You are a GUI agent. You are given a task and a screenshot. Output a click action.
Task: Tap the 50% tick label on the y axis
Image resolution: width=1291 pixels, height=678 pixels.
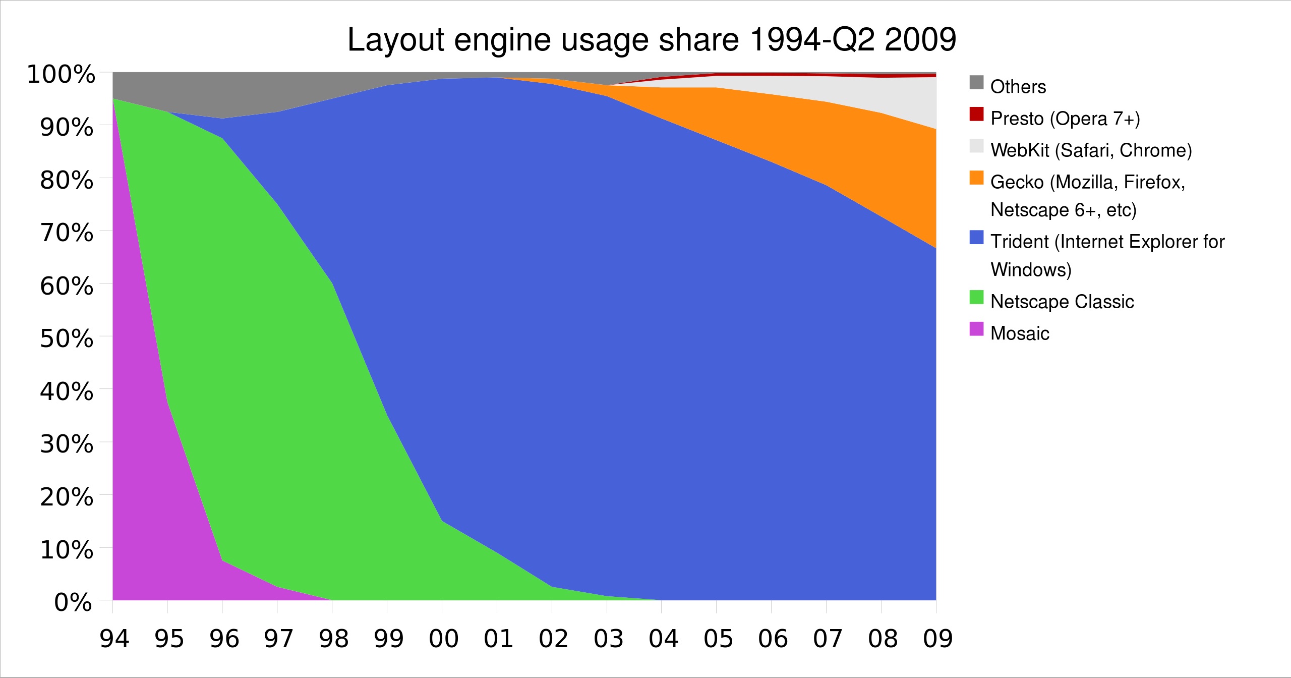click(x=67, y=338)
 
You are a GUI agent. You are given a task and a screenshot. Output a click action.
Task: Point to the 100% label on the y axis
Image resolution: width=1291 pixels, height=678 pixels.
click(x=61, y=75)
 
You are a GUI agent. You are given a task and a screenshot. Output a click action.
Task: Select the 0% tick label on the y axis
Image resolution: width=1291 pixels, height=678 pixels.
click(x=73, y=602)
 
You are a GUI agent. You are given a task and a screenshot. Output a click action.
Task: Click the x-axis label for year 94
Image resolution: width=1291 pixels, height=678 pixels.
click(x=114, y=639)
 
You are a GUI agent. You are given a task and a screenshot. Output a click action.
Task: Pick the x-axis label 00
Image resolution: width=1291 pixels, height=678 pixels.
click(x=444, y=639)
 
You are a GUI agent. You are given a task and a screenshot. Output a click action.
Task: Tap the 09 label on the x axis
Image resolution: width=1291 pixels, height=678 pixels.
click(x=937, y=639)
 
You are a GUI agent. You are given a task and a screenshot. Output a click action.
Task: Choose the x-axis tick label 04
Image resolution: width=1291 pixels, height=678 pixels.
click(x=663, y=639)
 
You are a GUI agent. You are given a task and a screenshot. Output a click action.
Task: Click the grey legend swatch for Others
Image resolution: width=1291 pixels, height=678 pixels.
click(x=976, y=83)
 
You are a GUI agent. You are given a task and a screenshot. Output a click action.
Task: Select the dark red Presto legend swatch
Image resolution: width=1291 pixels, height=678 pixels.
click(x=976, y=115)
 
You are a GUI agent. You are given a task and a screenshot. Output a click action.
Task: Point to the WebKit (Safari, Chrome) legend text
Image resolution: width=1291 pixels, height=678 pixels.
click(x=1091, y=150)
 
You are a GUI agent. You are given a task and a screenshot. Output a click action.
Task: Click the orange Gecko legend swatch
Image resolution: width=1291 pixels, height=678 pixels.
click(x=976, y=178)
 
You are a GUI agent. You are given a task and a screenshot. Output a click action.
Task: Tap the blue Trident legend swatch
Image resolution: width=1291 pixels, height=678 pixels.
click(x=976, y=238)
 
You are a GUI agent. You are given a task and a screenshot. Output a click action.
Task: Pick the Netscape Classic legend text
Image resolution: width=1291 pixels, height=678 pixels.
click(x=1062, y=302)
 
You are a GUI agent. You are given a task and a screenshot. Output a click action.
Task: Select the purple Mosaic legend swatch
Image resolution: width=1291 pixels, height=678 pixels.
click(x=976, y=329)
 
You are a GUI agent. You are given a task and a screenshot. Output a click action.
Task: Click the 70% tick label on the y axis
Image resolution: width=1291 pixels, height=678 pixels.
click(x=67, y=233)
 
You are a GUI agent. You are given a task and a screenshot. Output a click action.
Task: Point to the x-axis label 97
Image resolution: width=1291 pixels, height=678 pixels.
click(x=279, y=639)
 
